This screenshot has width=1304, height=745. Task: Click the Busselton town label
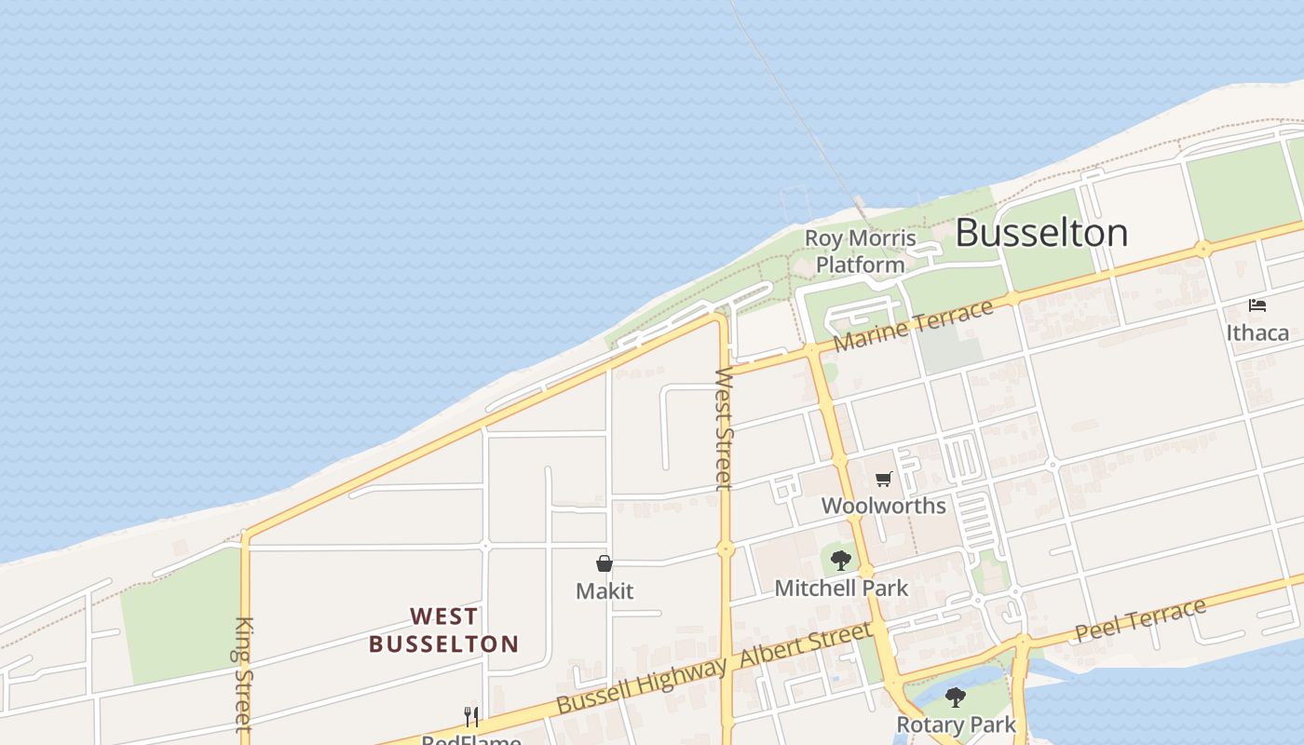[1041, 233]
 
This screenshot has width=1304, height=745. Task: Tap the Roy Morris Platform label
[860, 251]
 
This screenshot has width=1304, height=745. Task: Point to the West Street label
[724, 428]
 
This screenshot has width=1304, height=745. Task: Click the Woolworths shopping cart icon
[883, 480]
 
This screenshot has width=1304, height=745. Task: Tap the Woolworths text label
[883, 506]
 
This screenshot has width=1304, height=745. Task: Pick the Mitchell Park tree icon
[841, 561]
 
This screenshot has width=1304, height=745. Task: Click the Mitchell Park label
[841, 588]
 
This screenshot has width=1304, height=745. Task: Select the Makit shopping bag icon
[604, 563]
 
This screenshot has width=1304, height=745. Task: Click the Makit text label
[604, 590]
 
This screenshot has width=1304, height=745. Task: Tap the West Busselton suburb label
[443, 630]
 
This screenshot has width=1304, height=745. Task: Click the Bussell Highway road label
[641, 685]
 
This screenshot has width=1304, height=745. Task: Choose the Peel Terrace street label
[1140, 620]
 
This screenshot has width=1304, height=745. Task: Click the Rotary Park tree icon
[955, 698]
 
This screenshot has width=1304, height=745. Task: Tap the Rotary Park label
[955, 725]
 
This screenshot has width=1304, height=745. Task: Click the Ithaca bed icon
[1257, 305]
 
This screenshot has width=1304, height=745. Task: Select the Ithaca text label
[1257, 332]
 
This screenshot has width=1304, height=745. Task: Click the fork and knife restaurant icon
[471, 716]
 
